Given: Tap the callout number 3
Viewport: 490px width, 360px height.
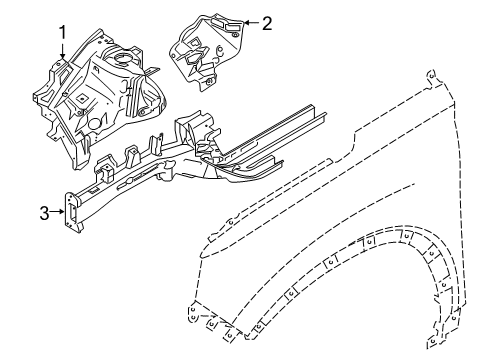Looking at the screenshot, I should click(x=43, y=211).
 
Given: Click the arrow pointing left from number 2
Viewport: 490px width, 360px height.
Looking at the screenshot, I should click(x=250, y=23).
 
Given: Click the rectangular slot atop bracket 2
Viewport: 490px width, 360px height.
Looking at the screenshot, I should click(x=228, y=19).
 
